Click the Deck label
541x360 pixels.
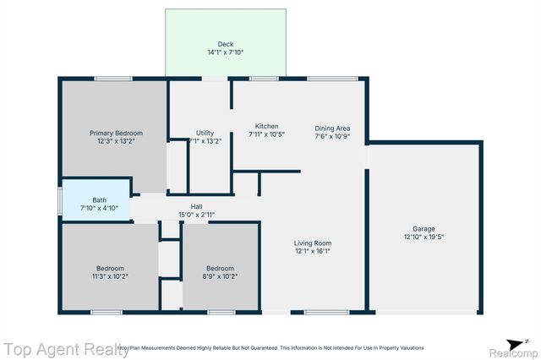pyautogui.click(x=225, y=43)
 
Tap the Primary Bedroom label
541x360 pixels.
pyautogui.click(x=117, y=133)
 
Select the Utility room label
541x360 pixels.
pyautogui.click(x=205, y=133)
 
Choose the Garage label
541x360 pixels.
pyautogui.click(x=424, y=228)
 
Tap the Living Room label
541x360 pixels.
pyautogui.click(x=313, y=243)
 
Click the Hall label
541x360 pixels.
pyautogui.click(x=196, y=206)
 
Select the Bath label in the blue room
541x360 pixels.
pyautogui.click(x=99, y=199)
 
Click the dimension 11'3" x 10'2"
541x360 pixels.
pyautogui.click(x=110, y=276)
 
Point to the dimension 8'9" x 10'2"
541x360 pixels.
pyautogui.click(x=220, y=276)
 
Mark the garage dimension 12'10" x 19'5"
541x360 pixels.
pyautogui.click(x=424, y=237)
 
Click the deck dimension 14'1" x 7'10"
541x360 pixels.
pyautogui.click(x=225, y=52)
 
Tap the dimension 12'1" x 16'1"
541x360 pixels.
pyautogui.click(x=313, y=251)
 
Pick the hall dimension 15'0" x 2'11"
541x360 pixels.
pyautogui.click(x=196, y=215)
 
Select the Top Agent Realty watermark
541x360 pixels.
pyautogui.click(x=65, y=349)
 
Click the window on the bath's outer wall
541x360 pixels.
pyautogui.click(x=59, y=200)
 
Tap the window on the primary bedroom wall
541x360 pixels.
pyautogui.click(x=112, y=79)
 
